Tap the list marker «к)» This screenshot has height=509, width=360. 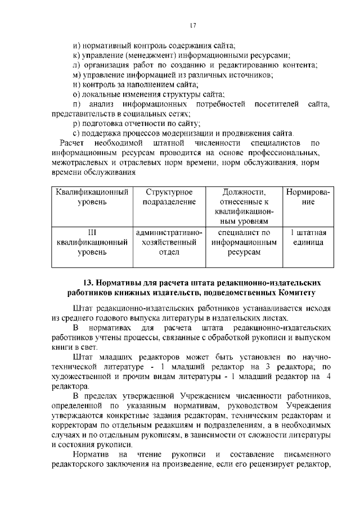pyautogui.click(x=77, y=55)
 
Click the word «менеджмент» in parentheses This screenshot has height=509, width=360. pyautogui.click(x=151, y=55)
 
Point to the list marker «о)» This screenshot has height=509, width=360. pyautogui.click(x=77, y=94)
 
